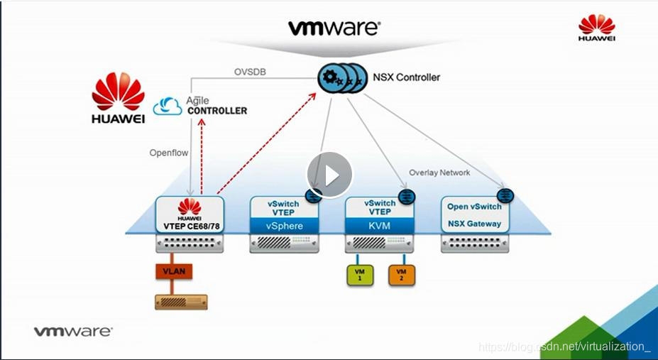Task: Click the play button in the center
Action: click(x=329, y=175)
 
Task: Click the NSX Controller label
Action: click(x=407, y=77)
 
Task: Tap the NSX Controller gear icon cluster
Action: click(x=341, y=78)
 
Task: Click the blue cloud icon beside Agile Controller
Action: click(x=169, y=107)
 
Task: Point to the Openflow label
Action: click(x=169, y=153)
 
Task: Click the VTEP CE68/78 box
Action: click(x=190, y=214)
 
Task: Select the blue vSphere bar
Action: click(x=285, y=226)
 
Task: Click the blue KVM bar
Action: click(x=378, y=226)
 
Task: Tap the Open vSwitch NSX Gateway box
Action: click(x=474, y=214)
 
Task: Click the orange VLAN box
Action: click(x=175, y=271)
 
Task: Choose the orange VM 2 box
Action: click(x=401, y=274)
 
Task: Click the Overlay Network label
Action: click(x=439, y=173)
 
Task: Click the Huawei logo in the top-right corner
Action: click(x=596, y=29)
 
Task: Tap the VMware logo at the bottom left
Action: click(x=73, y=331)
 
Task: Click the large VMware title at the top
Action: click(x=334, y=28)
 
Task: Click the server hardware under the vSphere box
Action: click(x=285, y=244)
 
